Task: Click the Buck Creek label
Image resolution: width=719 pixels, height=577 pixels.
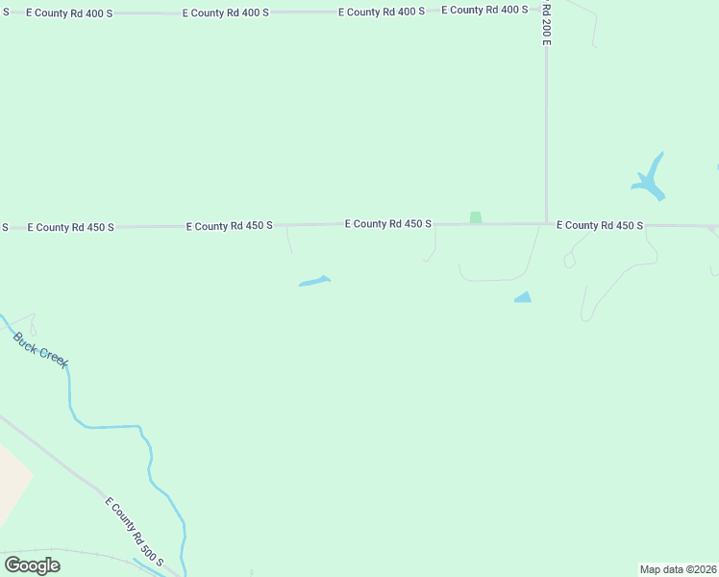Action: pyautogui.click(x=40, y=349)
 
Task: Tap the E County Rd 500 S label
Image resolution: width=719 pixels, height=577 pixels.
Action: pyautogui.click(x=135, y=532)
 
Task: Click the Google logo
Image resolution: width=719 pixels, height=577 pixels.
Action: pyautogui.click(x=32, y=564)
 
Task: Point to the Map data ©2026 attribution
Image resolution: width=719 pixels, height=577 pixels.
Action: pyautogui.click(x=678, y=568)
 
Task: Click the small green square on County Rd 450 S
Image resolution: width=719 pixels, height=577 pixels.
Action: pyautogui.click(x=475, y=217)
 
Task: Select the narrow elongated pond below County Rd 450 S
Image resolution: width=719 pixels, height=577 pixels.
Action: pyautogui.click(x=314, y=282)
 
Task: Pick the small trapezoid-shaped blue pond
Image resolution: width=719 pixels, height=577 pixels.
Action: pyautogui.click(x=523, y=298)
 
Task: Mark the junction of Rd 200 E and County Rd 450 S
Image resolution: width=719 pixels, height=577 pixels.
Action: pyautogui.click(x=546, y=224)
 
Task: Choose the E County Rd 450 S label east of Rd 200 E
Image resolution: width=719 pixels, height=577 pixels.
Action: pyautogui.click(x=599, y=225)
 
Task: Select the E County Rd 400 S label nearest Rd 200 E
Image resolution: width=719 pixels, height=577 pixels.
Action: pyautogui.click(x=484, y=10)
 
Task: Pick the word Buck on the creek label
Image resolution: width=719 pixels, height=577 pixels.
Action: pyautogui.click(x=26, y=340)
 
